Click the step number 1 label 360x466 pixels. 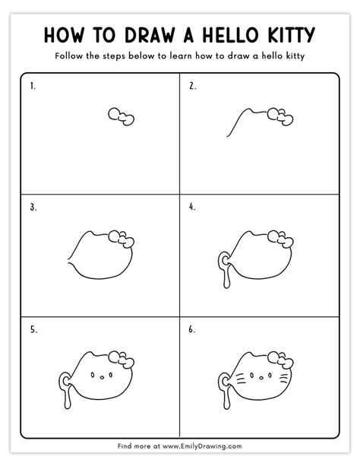[33, 86]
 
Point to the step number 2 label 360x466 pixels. [192, 86]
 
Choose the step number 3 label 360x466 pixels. [33, 206]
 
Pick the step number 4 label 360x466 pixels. [192, 206]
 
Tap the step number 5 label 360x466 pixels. [33, 328]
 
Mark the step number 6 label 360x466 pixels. [192, 328]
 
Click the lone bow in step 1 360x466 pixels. [122, 116]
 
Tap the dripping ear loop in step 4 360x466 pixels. [222, 268]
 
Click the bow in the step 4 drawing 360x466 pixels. [278, 238]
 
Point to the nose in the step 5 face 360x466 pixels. [101, 377]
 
